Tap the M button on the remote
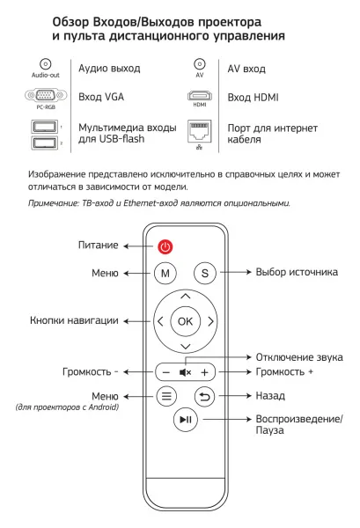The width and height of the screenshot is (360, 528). pos(165,274)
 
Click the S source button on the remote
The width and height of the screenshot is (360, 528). pos(204,274)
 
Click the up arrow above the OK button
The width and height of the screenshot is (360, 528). pos(185,297)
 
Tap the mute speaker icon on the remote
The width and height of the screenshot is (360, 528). pos(185,372)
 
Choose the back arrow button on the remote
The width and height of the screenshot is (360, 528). pos(204,396)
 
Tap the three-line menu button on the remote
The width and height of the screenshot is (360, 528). pos(165,396)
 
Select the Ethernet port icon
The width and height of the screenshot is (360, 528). pos(198,130)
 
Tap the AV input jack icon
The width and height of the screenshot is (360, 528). pos(198,64)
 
